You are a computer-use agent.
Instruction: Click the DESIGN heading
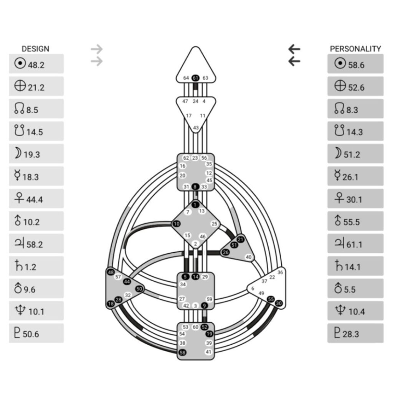[x=35, y=49]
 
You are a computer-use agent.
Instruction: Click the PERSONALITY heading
[x=355, y=49]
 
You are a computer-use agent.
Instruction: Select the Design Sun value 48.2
[x=36, y=64]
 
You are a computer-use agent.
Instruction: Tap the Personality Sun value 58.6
[x=355, y=64]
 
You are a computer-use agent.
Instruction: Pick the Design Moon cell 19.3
[x=36, y=154]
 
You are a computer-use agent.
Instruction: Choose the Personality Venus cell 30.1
[x=355, y=199]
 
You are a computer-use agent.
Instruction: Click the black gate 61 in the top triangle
[x=196, y=78]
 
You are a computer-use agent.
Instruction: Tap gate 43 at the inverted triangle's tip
[x=196, y=128]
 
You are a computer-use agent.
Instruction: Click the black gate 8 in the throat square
[x=196, y=187]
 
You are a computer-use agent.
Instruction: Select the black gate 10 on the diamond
[x=177, y=224]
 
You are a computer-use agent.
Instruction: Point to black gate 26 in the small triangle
[x=226, y=252]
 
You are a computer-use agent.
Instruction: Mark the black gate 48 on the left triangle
[x=111, y=272]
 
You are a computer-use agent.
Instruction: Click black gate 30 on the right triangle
[x=279, y=303]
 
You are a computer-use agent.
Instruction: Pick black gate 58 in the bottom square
[x=183, y=352]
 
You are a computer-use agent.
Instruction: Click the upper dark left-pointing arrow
[x=294, y=49]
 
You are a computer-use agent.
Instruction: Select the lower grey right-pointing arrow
[x=97, y=61]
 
